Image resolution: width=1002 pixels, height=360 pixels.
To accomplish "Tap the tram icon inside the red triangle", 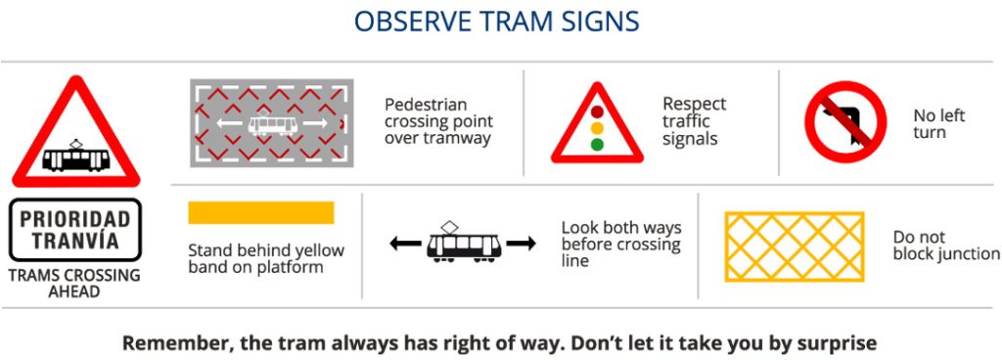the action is coord(76,156).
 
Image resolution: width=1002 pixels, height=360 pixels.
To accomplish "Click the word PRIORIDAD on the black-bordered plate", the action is coord(74,219).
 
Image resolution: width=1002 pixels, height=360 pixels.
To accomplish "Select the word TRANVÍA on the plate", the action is coord(74,242).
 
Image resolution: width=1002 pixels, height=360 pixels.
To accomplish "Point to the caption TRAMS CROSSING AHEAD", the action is coord(74,284).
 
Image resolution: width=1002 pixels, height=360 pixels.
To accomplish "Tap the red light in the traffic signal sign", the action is coord(597,112).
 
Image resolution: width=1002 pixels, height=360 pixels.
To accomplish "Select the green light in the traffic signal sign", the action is coord(597,145).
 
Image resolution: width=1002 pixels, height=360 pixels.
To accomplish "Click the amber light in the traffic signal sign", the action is coord(597,128).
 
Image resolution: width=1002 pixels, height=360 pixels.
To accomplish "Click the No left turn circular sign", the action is coord(846,122).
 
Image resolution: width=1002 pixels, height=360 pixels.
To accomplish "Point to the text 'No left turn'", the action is coord(939,124).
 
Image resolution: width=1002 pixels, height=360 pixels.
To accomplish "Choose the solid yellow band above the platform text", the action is coord(260,212).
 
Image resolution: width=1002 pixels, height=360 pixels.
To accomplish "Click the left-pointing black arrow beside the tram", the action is coord(405,244).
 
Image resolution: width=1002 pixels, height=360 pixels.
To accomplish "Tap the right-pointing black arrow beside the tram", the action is coord(521,244).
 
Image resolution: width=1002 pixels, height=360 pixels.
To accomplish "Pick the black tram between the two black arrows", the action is coord(463,242).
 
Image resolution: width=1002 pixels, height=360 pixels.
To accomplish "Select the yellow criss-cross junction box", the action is coord(795,247).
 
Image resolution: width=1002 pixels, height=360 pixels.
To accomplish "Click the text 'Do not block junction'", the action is coord(946,246).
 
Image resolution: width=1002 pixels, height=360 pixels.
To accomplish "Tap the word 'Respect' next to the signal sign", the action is coord(694,104).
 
